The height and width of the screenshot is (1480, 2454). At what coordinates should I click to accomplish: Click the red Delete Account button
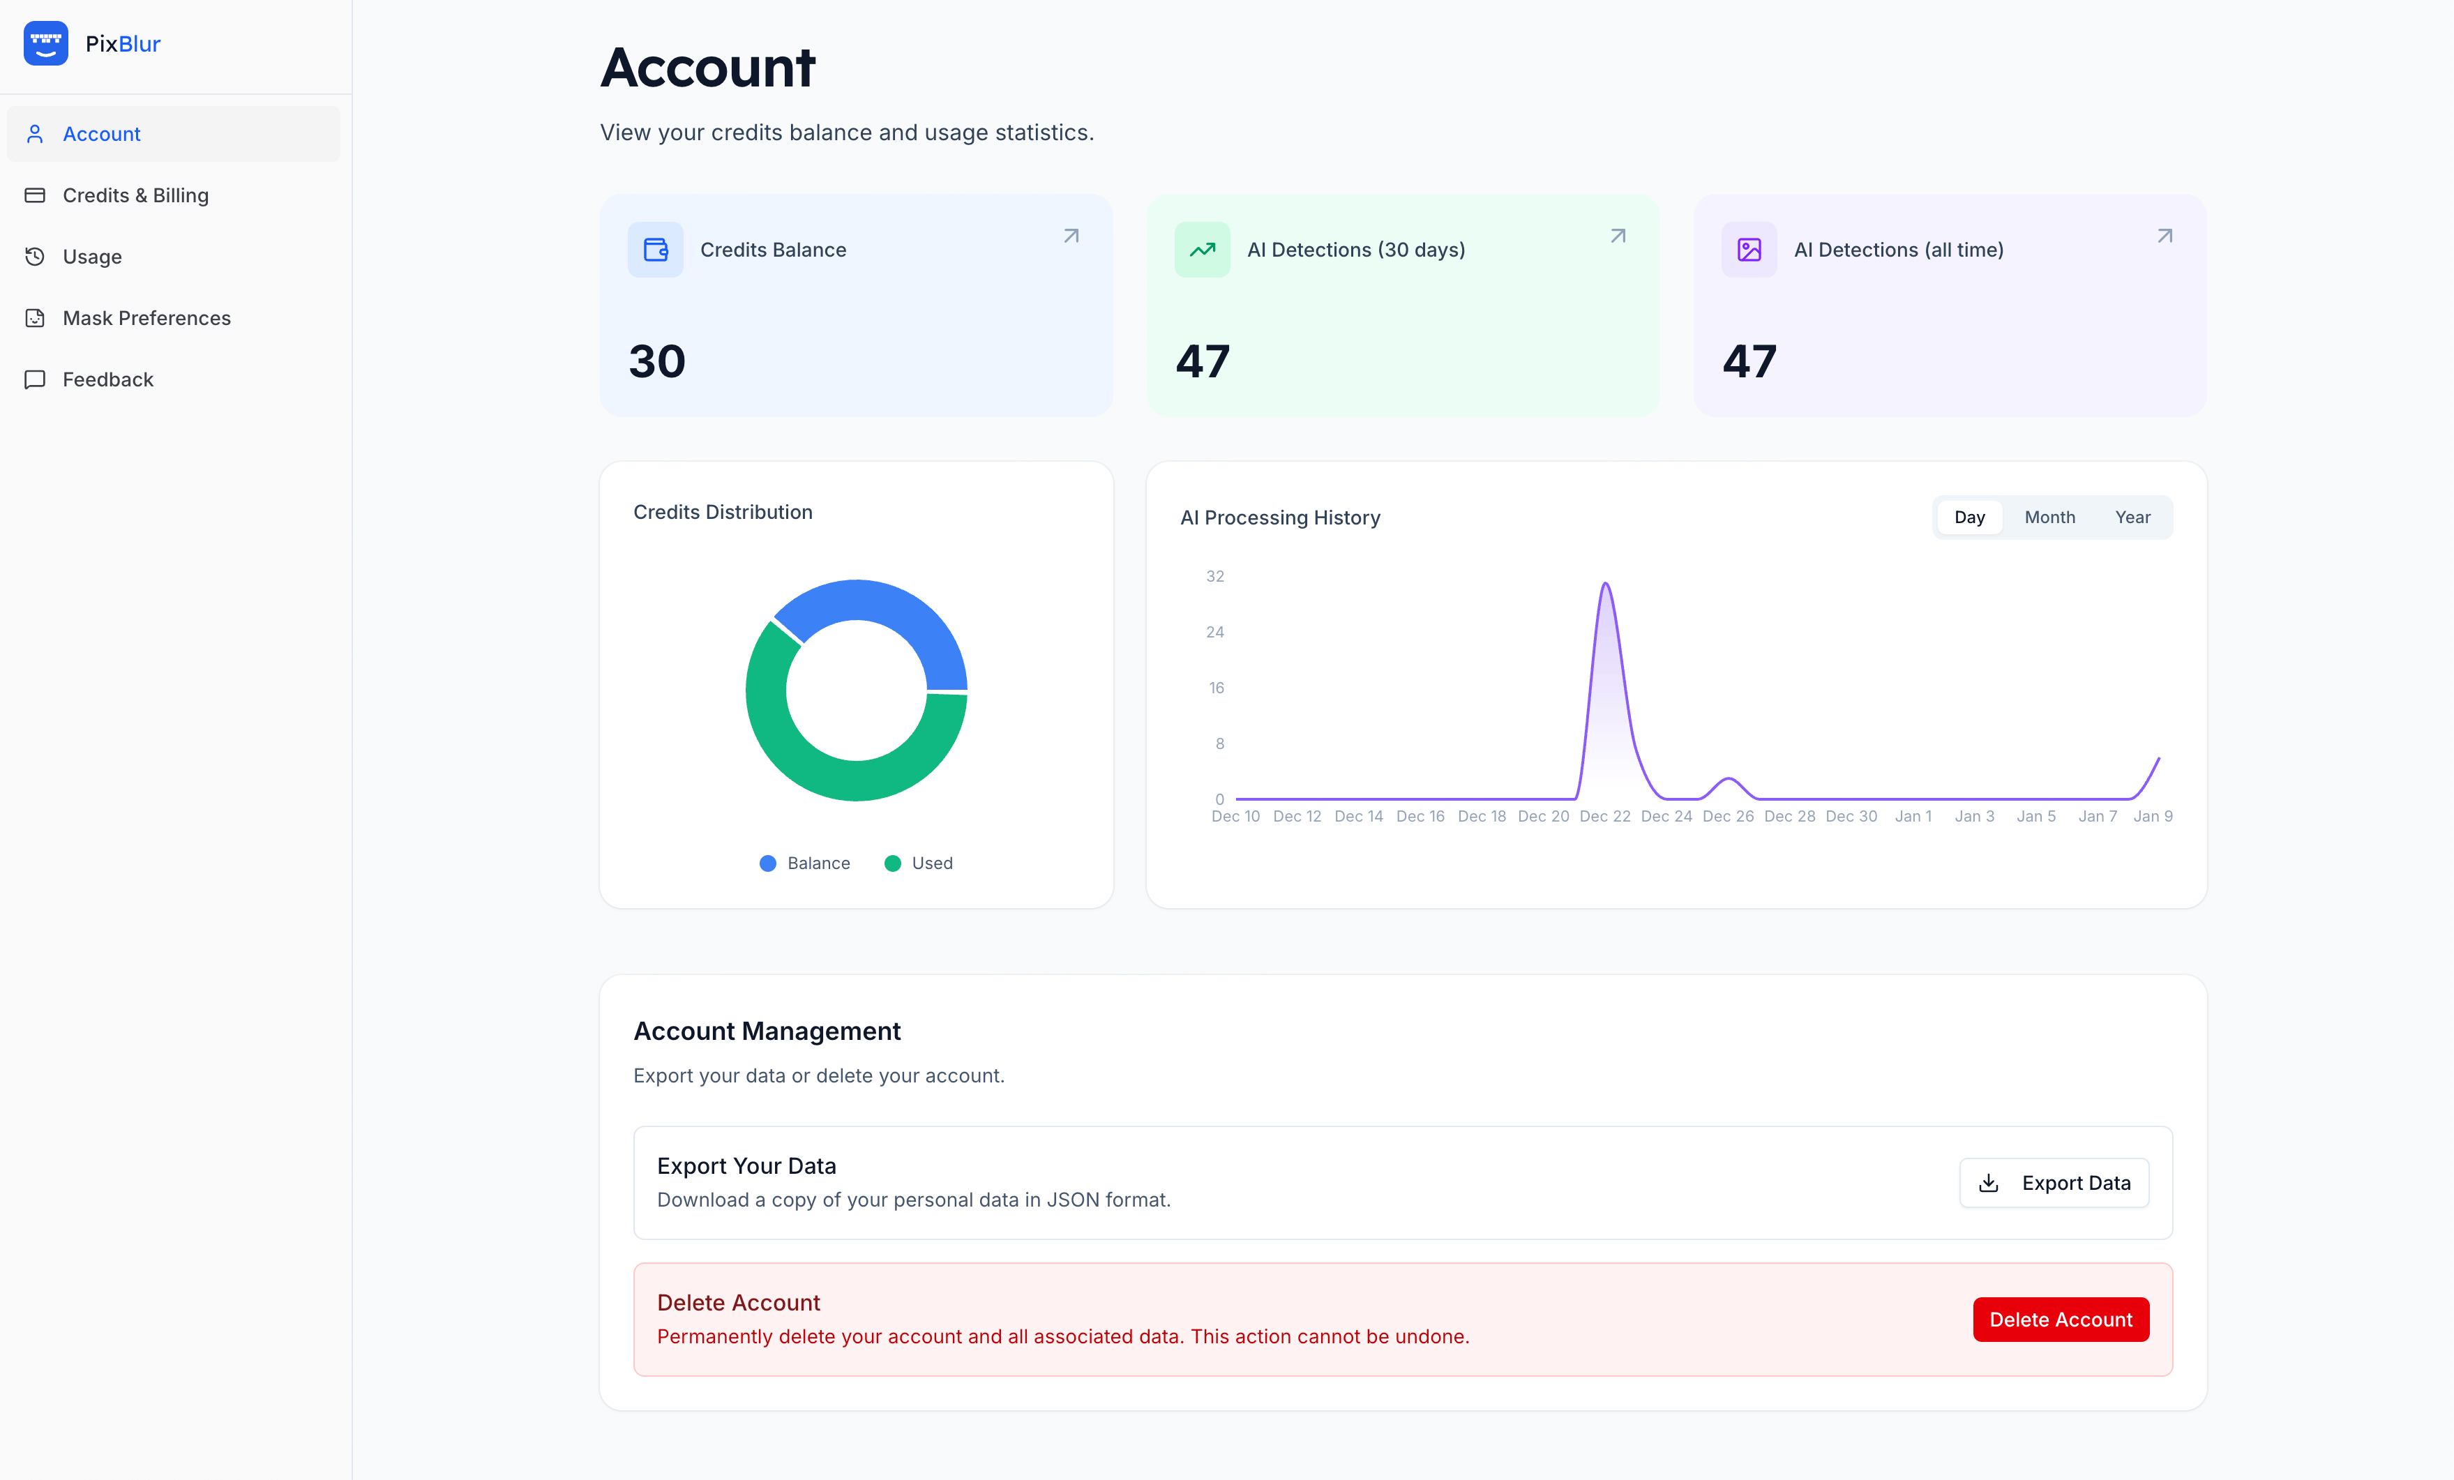2060,1320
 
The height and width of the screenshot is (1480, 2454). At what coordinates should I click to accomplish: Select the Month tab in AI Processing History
2049,517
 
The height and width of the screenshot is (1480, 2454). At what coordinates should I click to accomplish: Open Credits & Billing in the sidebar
135,195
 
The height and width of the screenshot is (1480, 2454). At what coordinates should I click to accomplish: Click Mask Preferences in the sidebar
146,318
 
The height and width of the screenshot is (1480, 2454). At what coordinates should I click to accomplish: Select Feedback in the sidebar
107,379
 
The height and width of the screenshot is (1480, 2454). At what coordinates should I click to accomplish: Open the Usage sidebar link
91,257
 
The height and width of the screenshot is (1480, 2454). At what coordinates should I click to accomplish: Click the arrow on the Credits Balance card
1071,236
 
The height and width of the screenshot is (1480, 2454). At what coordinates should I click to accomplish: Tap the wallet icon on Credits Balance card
655,250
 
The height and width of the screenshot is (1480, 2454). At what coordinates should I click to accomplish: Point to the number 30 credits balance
657,361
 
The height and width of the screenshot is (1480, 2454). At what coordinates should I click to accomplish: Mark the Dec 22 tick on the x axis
1604,816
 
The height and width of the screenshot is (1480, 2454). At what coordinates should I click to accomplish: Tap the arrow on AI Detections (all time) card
2165,236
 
